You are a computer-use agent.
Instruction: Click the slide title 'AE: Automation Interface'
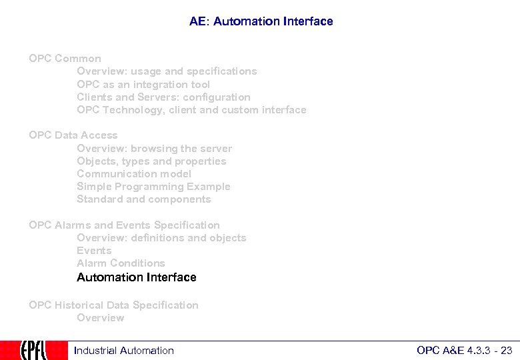click(261, 21)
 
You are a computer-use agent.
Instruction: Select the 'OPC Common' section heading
click(65, 59)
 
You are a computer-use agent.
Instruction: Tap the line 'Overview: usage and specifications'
click(167, 71)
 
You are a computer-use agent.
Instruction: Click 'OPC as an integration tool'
click(143, 85)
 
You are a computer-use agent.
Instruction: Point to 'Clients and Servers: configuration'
click(163, 97)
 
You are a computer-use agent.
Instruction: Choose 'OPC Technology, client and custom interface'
click(191, 110)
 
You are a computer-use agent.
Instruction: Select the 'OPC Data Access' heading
click(73, 135)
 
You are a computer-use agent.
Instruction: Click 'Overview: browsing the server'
click(155, 149)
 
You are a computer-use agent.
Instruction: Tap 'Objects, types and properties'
click(151, 161)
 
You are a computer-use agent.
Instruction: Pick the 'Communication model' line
click(134, 174)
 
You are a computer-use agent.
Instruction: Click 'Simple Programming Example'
click(153, 187)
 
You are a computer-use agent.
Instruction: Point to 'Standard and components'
click(143, 199)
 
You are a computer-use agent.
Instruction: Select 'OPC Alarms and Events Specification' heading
click(124, 225)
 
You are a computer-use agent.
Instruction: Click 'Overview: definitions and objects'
click(161, 238)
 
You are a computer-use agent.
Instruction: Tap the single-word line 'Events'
click(94, 251)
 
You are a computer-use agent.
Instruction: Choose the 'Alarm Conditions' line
click(121, 263)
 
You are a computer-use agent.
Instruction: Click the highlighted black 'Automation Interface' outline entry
click(137, 277)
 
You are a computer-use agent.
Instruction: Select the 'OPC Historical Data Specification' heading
click(113, 305)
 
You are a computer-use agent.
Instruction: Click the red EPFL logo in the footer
click(33, 350)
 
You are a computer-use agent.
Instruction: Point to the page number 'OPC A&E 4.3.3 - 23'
click(464, 351)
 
